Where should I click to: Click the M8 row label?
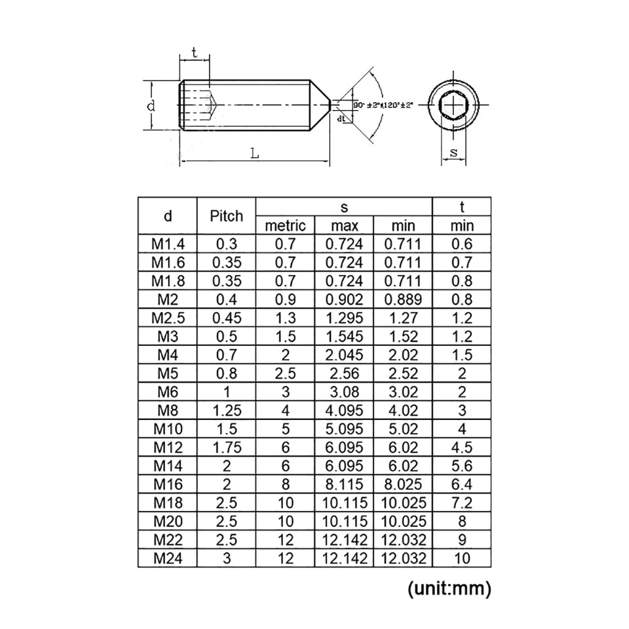tap(168, 411)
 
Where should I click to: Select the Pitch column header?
tap(226, 216)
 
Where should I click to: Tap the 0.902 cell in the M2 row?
tap(344, 300)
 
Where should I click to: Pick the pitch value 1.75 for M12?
tap(226, 448)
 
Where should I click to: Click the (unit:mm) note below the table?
tap(449, 588)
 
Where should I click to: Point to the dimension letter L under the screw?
tap(254, 153)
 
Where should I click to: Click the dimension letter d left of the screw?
tap(151, 105)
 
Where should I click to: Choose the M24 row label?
tap(168, 559)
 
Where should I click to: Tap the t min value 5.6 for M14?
tap(461, 467)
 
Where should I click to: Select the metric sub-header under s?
tap(285, 226)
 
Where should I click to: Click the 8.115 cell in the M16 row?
tap(344, 485)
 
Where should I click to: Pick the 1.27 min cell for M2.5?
tap(403, 318)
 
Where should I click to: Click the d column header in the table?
tap(168, 216)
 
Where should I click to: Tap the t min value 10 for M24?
tap(461, 559)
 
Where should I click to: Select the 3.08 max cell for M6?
tap(344, 392)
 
